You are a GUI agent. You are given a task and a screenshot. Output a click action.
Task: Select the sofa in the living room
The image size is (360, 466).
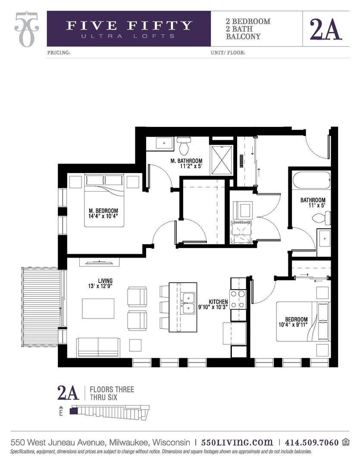coord(98,347)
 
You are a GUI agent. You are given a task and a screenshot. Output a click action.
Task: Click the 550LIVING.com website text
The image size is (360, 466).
coord(237,442)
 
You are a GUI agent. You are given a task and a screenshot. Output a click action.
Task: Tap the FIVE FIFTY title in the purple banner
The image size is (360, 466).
coord(129,25)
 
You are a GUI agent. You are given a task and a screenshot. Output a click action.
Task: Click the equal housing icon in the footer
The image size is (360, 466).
coord(346,442)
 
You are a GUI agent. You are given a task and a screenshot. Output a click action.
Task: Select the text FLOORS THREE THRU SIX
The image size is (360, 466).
coord(111,394)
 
